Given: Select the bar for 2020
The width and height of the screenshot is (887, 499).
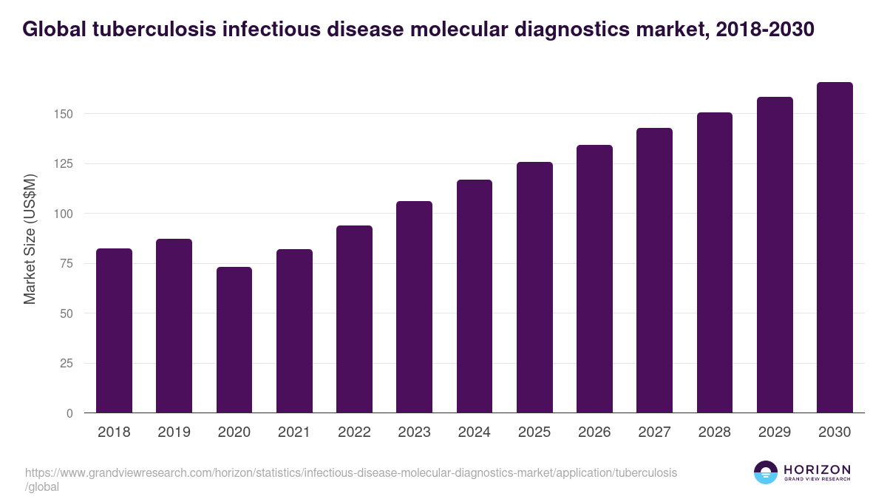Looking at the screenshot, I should (x=234, y=340).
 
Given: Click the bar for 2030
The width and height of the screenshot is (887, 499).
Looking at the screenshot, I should (x=835, y=248).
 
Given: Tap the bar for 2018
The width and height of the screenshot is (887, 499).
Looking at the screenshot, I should (x=114, y=330).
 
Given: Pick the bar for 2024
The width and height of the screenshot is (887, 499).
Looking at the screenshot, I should (x=475, y=296).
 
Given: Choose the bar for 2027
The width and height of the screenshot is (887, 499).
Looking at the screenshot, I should (x=655, y=271).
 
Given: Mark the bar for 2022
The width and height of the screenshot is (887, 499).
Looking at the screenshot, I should (x=354, y=319).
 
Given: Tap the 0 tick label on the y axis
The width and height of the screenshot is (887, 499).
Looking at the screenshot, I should (x=69, y=413).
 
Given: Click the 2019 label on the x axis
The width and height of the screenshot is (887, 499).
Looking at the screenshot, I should (x=174, y=432).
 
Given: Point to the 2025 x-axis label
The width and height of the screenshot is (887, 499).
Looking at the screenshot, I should (x=534, y=432).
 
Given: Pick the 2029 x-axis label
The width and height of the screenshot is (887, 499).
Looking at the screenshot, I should (x=775, y=432).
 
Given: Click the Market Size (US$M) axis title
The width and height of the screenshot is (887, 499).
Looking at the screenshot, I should (x=30, y=238).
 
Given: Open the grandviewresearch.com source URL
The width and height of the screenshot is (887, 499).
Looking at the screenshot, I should (x=351, y=472).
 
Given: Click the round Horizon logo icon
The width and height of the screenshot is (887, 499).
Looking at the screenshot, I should (x=765, y=472).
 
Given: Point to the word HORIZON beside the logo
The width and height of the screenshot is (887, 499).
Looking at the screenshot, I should (x=817, y=469).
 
